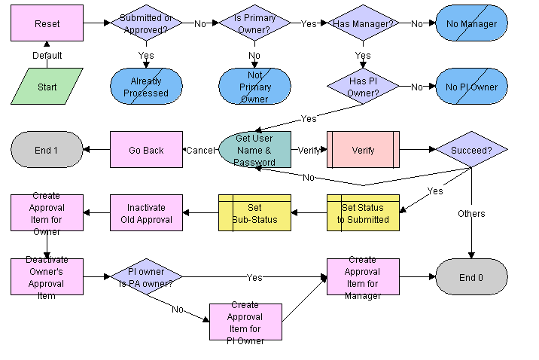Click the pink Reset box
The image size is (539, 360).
(x=47, y=23)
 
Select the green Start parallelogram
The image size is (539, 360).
(x=47, y=87)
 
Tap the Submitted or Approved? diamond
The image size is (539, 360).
(x=146, y=23)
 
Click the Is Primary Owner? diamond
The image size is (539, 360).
(x=254, y=23)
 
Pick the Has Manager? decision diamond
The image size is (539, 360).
(x=363, y=23)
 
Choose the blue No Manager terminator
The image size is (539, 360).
(x=471, y=23)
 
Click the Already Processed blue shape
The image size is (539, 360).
(x=146, y=87)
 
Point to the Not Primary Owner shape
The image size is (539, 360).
(x=254, y=87)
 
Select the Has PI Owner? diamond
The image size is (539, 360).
(x=363, y=87)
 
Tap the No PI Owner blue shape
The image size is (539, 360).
(x=471, y=87)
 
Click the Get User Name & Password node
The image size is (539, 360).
(x=254, y=150)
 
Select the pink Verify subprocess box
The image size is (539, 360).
(x=363, y=150)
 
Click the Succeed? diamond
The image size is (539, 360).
(x=471, y=150)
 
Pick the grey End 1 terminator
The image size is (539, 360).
(x=47, y=150)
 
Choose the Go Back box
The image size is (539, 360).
(x=146, y=150)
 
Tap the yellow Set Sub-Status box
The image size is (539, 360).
(x=254, y=213)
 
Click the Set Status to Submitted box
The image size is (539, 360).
(x=363, y=213)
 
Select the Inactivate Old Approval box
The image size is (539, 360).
(x=146, y=213)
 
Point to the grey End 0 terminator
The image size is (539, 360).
(x=471, y=277)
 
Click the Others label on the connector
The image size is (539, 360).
(x=471, y=214)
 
